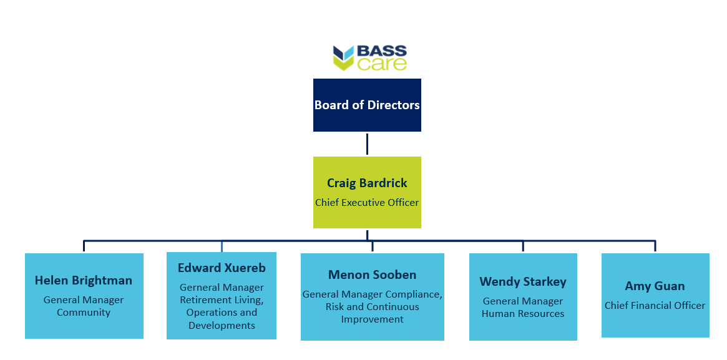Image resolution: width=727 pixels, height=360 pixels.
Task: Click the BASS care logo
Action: (369, 58)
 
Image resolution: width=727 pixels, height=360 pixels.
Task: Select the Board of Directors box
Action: (367, 105)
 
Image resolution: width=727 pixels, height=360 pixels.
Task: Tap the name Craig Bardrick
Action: (367, 183)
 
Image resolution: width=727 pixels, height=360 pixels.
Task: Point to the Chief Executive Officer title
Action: (367, 203)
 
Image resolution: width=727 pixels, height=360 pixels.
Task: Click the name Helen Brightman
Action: (84, 280)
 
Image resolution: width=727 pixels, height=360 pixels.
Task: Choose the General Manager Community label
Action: (84, 306)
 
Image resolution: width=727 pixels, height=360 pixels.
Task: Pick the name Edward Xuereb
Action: (222, 268)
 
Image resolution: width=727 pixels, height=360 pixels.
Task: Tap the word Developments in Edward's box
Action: (222, 326)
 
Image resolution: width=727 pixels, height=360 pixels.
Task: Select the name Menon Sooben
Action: (373, 275)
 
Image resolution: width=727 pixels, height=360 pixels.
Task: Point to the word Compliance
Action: (419, 294)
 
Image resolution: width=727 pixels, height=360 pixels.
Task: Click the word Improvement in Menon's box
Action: (373, 319)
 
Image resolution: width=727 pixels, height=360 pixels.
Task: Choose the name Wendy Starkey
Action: (523, 282)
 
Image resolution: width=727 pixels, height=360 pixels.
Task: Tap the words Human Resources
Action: (523, 314)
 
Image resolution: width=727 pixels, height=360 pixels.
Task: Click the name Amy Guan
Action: (655, 286)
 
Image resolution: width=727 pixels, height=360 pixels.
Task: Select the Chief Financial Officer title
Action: (655, 305)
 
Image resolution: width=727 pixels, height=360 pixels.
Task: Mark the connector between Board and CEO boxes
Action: (367, 144)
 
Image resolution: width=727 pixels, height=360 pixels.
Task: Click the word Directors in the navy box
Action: (394, 105)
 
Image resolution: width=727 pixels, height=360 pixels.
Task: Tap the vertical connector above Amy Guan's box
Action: (655, 246)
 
